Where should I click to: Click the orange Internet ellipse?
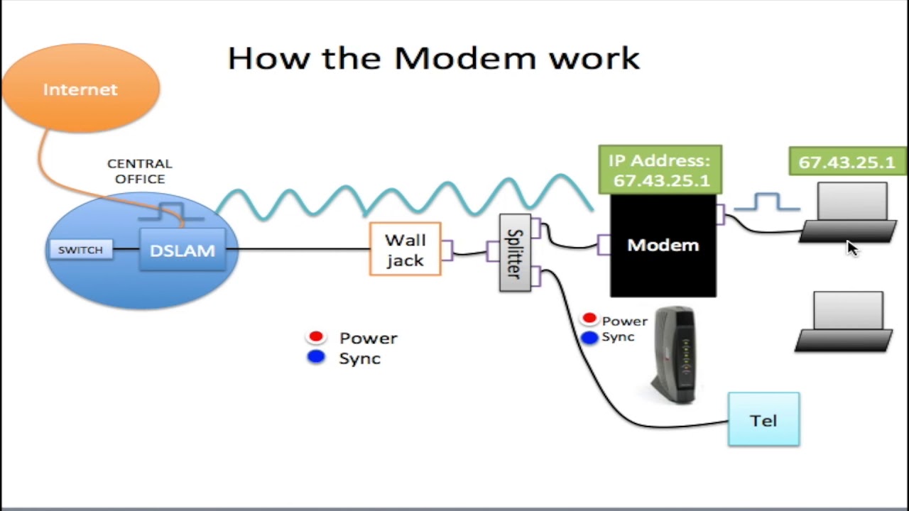click(x=81, y=88)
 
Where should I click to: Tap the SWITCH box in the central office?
click(x=81, y=249)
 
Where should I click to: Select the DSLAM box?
click(x=183, y=249)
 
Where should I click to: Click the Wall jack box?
click(x=405, y=249)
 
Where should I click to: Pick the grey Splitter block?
click(x=515, y=252)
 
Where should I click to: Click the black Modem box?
click(x=663, y=246)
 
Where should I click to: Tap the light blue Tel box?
click(x=763, y=419)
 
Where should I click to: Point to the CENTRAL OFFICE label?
click(x=140, y=171)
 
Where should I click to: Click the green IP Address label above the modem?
click(x=660, y=170)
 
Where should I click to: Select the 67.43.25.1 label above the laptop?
click(x=847, y=161)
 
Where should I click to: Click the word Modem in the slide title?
click(x=465, y=58)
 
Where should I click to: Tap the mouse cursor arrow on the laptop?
click(x=852, y=248)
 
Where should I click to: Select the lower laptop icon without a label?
click(x=845, y=322)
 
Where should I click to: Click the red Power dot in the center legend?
click(x=316, y=336)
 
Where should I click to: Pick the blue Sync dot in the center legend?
click(x=316, y=356)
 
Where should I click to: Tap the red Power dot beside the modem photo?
click(x=589, y=318)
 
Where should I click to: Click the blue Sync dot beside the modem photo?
click(x=589, y=337)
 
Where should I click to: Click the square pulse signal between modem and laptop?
click(x=767, y=202)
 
